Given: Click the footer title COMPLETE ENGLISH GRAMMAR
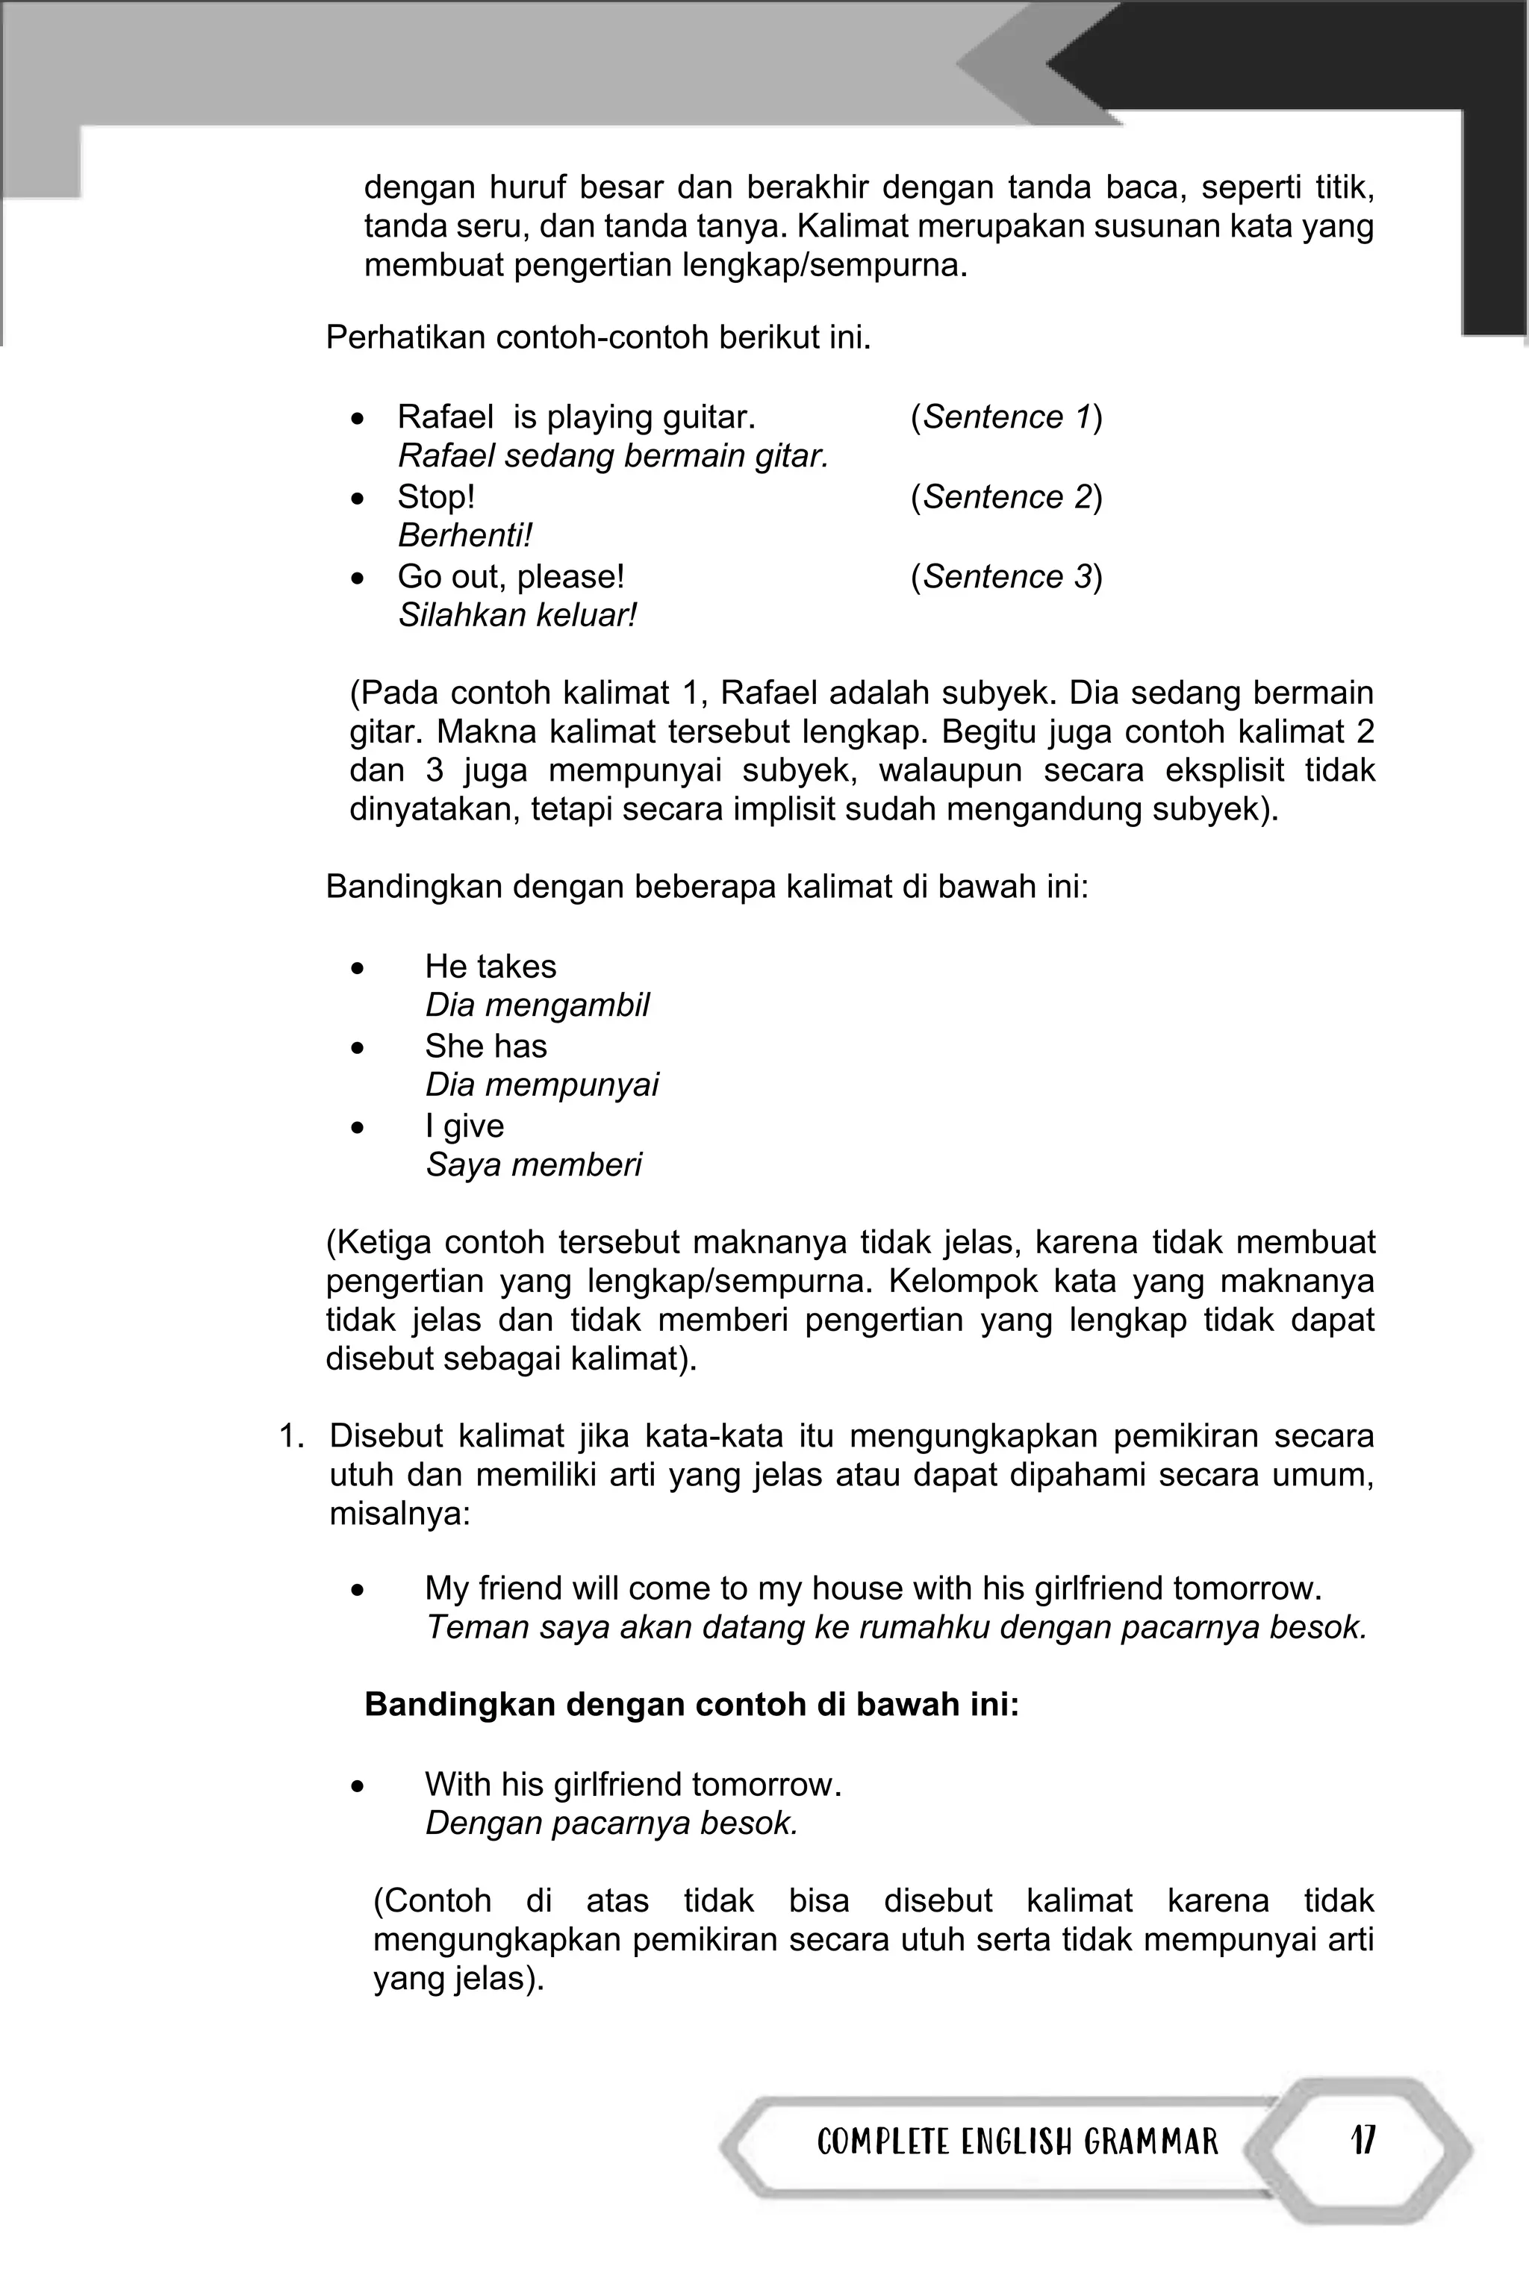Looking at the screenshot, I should coord(1017,2142).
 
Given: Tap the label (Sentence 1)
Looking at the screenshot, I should coord(1006,417).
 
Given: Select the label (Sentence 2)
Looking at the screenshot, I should coord(1006,497).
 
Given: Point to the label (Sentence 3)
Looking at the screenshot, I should coord(1006,577).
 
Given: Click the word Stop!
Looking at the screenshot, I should coord(436,497).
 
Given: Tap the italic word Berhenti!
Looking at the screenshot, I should coord(465,536).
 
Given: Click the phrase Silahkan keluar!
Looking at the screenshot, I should coord(517,616).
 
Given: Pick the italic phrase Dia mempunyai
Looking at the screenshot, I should coord(541,1085).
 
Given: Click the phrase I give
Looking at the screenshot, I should coord(464,1126).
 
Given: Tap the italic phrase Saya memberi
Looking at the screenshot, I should coord(533,1165).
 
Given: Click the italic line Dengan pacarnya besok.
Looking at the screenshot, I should coord(611,1823).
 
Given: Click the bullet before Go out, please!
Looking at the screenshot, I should coord(359,578).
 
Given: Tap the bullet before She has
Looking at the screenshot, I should coord(359,1048).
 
